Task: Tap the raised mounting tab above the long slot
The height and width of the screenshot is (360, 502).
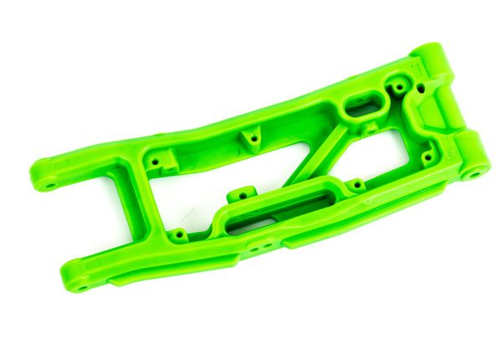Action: (243, 193)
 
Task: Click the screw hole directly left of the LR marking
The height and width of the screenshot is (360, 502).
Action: (427, 155)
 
